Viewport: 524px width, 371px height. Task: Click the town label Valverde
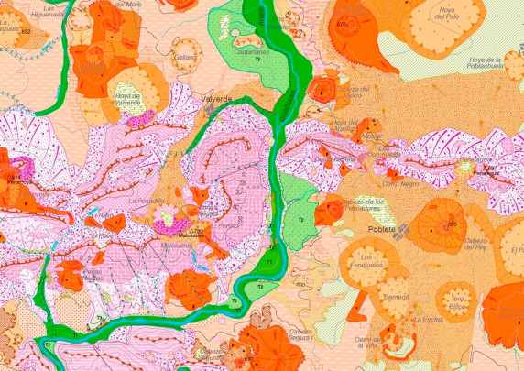click(216, 98)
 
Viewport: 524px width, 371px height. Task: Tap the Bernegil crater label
click(396, 297)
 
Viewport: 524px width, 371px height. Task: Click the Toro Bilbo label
click(458, 301)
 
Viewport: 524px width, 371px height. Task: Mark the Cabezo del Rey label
click(480, 245)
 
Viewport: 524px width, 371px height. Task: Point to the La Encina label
click(428, 319)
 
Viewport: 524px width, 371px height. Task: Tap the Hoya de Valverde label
click(127, 99)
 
